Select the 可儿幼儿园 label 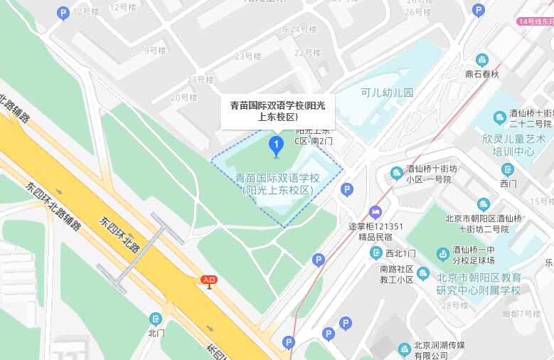(387, 92)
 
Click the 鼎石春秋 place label (482, 73)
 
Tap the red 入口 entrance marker (208, 280)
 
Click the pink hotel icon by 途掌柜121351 (375, 212)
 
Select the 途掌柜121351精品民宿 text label (375, 232)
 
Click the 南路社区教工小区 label (397, 275)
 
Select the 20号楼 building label (183, 97)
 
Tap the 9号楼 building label (154, 51)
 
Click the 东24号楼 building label (299, 29)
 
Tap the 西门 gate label (508, 184)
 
